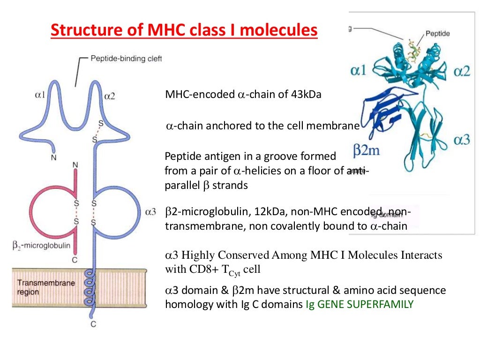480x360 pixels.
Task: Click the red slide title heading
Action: [184, 31]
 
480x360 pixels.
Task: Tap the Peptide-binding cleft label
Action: [125, 59]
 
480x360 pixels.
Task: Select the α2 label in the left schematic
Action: [110, 96]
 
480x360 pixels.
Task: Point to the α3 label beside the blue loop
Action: [150, 212]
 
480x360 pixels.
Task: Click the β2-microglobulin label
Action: [41, 245]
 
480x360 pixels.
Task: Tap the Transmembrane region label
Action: [39, 287]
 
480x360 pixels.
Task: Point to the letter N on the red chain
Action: [75, 165]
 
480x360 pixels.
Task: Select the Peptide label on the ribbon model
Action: [438, 34]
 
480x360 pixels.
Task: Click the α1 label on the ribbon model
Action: [361, 71]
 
